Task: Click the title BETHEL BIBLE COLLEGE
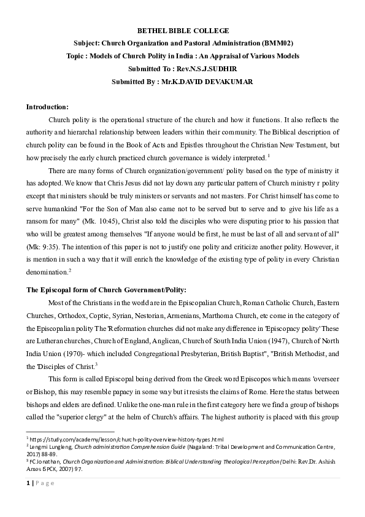182,29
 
